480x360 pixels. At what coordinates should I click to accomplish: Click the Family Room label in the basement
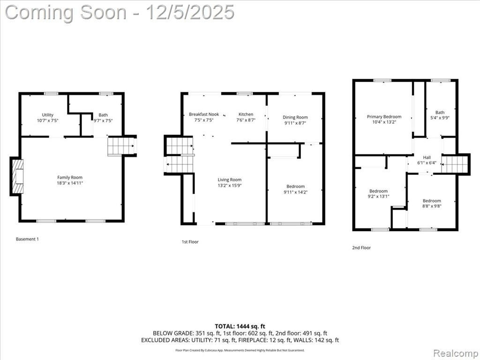(x=70, y=178)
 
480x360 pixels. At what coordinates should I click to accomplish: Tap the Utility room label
(x=47, y=115)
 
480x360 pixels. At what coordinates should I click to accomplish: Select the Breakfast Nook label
(x=204, y=114)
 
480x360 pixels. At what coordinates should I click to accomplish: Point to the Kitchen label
(x=246, y=114)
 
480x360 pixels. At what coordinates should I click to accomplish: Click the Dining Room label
(x=295, y=117)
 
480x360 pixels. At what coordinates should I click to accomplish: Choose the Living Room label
(x=230, y=180)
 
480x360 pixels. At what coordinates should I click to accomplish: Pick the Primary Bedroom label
(x=384, y=117)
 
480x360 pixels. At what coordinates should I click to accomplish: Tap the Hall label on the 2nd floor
(x=427, y=157)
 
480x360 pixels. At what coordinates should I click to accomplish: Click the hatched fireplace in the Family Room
(x=17, y=176)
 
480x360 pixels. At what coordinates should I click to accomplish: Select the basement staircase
(x=121, y=146)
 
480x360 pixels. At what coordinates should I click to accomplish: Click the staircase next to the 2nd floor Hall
(x=454, y=165)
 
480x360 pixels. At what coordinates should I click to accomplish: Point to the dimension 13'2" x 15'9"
(x=230, y=186)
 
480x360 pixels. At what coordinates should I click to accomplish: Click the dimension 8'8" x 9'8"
(x=432, y=206)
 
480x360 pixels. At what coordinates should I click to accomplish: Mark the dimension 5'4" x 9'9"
(x=440, y=118)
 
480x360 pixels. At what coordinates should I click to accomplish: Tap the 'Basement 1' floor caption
(x=27, y=239)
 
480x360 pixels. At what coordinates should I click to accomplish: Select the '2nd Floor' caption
(x=361, y=247)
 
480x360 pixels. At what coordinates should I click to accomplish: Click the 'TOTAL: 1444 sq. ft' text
(x=238, y=326)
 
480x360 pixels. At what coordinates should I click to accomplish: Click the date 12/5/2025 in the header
(x=190, y=12)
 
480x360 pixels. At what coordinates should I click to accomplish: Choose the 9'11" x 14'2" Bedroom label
(x=295, y=189)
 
